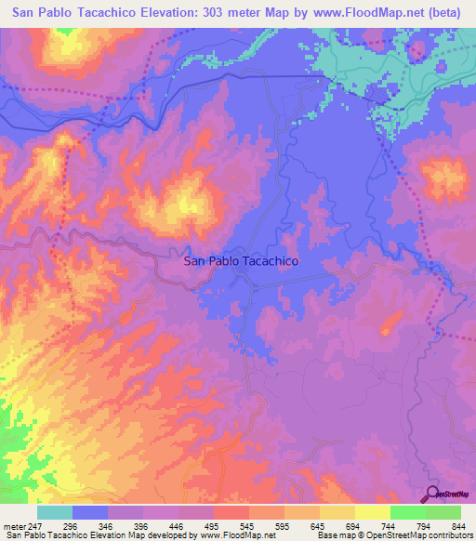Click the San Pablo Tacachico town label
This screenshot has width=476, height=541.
click(x=241, y=262)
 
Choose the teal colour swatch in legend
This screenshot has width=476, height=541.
click(x=55, y=513)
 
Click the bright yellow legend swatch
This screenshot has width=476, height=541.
click(x=373, y=513)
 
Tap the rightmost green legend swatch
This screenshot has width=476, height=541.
click(x=443, y=513)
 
